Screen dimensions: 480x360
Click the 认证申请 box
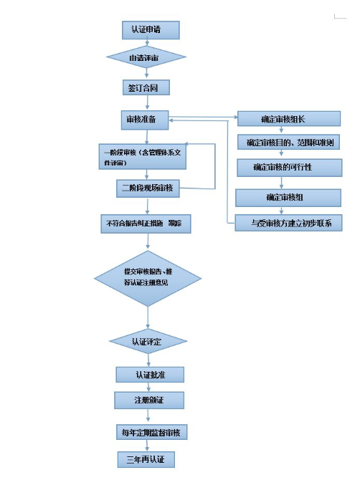[150, 30]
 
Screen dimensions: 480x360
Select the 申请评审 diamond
[146, 57]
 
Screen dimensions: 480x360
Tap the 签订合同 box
[148, 87]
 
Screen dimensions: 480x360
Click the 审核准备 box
[146, 120]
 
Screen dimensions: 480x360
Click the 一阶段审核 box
[143, 156]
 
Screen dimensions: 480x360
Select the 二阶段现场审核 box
[148, 189]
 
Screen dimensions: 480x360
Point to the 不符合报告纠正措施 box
[146, 224]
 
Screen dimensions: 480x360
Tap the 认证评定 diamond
[148, 341]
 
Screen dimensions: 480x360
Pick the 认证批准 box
[150, 375]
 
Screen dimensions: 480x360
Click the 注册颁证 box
[150, 400]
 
